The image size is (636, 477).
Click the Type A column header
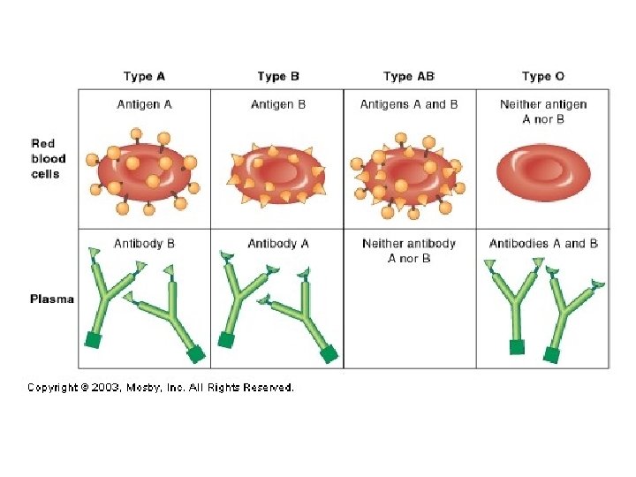coord(143,77)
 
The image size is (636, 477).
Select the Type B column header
coord(278,77)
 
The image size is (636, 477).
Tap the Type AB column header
coord(409,77)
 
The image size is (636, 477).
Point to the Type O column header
coord(543,77)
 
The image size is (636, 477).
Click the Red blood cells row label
coord(45,158)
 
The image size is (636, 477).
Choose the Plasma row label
coord(51,299)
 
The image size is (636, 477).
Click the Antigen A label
coord(144,104)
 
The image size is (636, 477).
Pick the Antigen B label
coord(278,104)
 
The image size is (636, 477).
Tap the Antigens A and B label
coord(409,104)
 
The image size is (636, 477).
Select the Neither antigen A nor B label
coord(543,111)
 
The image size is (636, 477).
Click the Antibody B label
coord(144,243)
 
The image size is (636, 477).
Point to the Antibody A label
coord(278,243)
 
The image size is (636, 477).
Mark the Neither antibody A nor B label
coord(409,250)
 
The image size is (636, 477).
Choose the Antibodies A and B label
coord(543,243)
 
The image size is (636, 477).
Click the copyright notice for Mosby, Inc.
coord(160,387)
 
